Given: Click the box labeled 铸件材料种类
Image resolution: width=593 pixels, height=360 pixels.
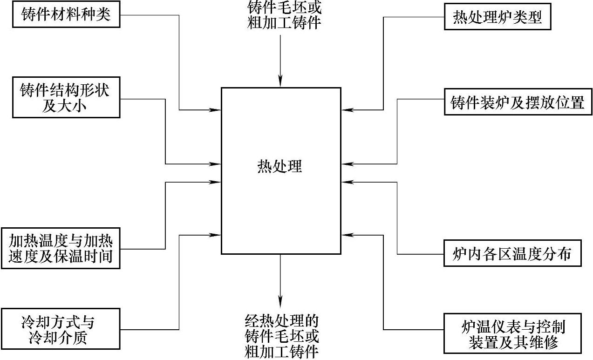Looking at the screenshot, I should tap(66, 15).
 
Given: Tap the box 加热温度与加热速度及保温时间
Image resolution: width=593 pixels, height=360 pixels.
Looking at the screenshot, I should tap(61, 248).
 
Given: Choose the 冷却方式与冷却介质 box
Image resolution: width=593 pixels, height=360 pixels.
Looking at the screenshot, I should tap(61, 329).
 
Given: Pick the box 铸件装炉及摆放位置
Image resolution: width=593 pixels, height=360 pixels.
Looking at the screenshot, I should tap(518, 102).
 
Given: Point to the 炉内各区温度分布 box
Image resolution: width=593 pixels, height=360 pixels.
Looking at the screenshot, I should tap(511, 254).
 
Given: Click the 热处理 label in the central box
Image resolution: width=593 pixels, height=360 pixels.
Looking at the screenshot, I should tap(280, 166).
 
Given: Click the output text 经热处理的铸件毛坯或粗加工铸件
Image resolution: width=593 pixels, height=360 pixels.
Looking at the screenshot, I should tap(282, 335).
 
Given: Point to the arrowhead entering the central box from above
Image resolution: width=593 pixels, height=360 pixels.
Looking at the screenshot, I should tap(280, 82).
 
